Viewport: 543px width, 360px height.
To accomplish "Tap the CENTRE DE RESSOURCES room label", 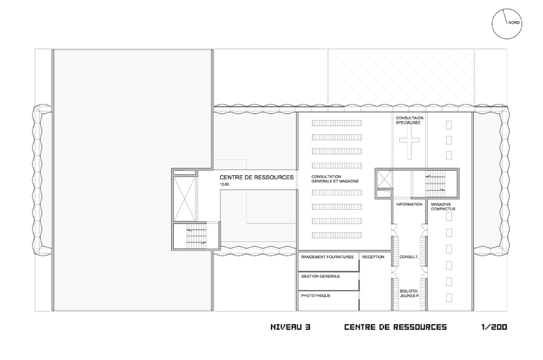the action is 257,177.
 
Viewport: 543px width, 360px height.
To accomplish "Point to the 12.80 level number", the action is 225,184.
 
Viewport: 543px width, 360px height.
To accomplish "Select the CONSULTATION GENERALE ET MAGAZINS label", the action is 335,179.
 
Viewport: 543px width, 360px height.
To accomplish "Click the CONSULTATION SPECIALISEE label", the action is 410,120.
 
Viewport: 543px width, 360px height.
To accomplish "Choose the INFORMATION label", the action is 409,204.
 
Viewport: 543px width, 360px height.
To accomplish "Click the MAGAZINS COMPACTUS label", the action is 443,207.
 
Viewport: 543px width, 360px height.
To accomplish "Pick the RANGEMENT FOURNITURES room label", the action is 327,257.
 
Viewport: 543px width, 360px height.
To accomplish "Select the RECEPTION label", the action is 373,257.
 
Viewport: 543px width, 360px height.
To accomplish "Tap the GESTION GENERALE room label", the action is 320,276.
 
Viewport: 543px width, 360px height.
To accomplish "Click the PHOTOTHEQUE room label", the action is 316,296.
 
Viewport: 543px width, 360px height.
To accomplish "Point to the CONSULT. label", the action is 409,257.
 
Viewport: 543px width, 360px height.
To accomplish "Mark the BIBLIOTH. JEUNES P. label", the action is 409,294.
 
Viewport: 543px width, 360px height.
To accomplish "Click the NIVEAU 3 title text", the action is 291,327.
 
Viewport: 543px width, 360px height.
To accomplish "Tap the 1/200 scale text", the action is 494,327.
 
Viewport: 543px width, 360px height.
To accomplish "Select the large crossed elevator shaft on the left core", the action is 184,199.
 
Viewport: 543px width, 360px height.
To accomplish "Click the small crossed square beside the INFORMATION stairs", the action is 384,179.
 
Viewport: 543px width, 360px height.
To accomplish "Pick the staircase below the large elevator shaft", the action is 196,236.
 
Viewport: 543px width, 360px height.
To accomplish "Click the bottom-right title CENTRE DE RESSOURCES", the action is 396,327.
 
